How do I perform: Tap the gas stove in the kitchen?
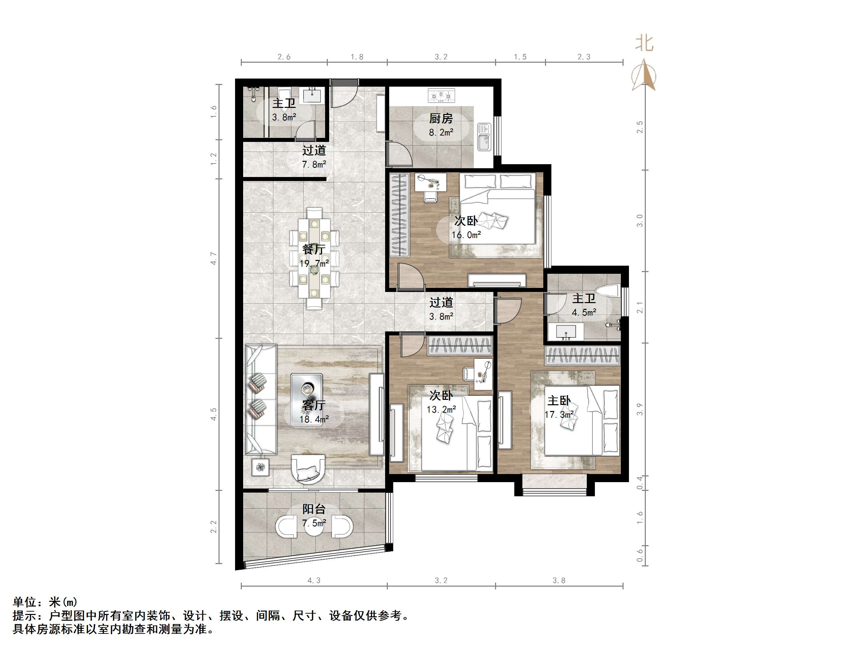click(441, 95)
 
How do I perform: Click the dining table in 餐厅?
click(314, 258)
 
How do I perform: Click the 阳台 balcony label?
click(314, 509)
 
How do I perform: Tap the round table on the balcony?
click(314, 527)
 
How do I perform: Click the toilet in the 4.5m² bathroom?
click(609, 291)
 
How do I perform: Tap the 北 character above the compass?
click(644, 43)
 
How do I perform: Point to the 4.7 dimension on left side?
click(213, 258)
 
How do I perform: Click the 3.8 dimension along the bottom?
click(558, 581)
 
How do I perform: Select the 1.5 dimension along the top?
click(520, 57)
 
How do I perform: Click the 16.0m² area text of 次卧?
click(466, 235)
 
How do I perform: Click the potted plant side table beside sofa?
click(260, 466)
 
